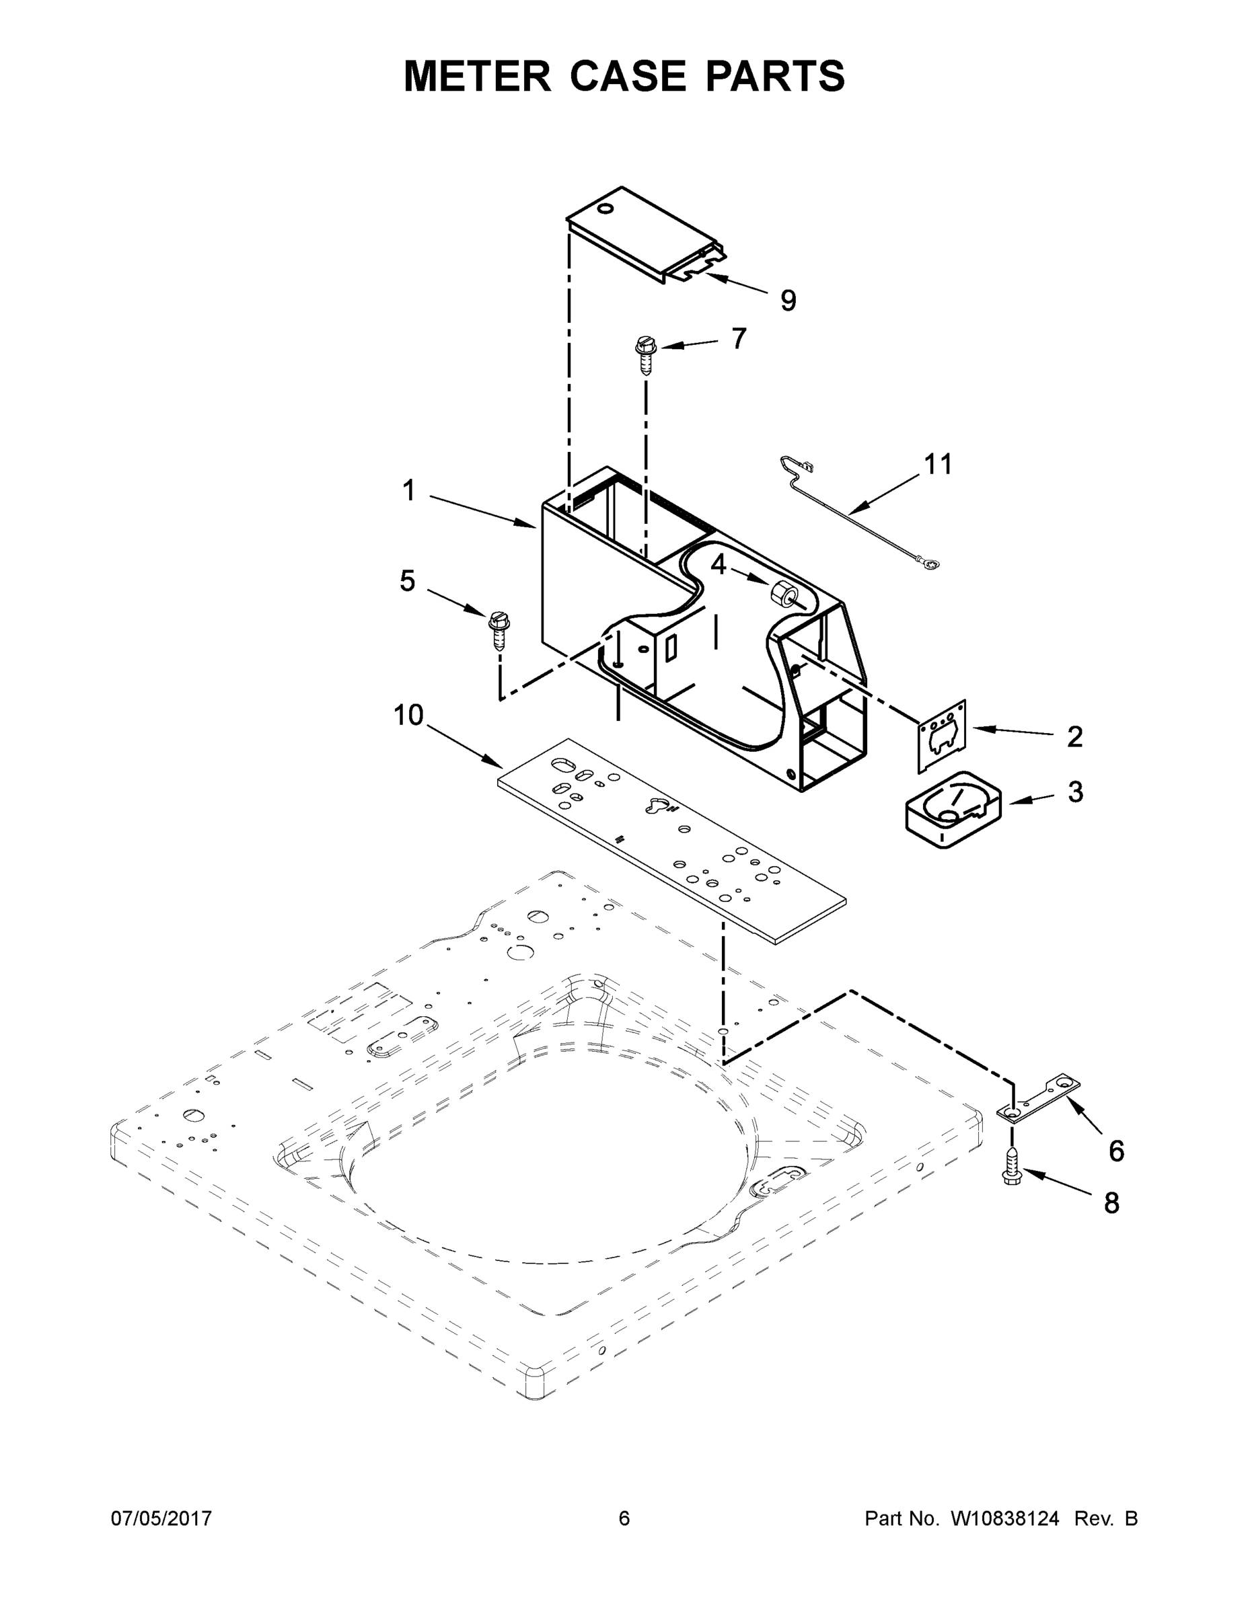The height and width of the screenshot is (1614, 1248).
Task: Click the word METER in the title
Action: point(477,76)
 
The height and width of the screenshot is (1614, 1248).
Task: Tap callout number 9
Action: point(788,301)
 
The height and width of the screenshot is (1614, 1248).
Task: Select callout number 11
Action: point(937,464)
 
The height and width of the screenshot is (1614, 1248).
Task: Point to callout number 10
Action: point(408,715)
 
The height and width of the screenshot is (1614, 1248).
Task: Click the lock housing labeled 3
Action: point(952,810)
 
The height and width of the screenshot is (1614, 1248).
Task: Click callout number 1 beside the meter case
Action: point(409,491)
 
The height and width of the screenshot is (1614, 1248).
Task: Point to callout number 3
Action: point(1075,792)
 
